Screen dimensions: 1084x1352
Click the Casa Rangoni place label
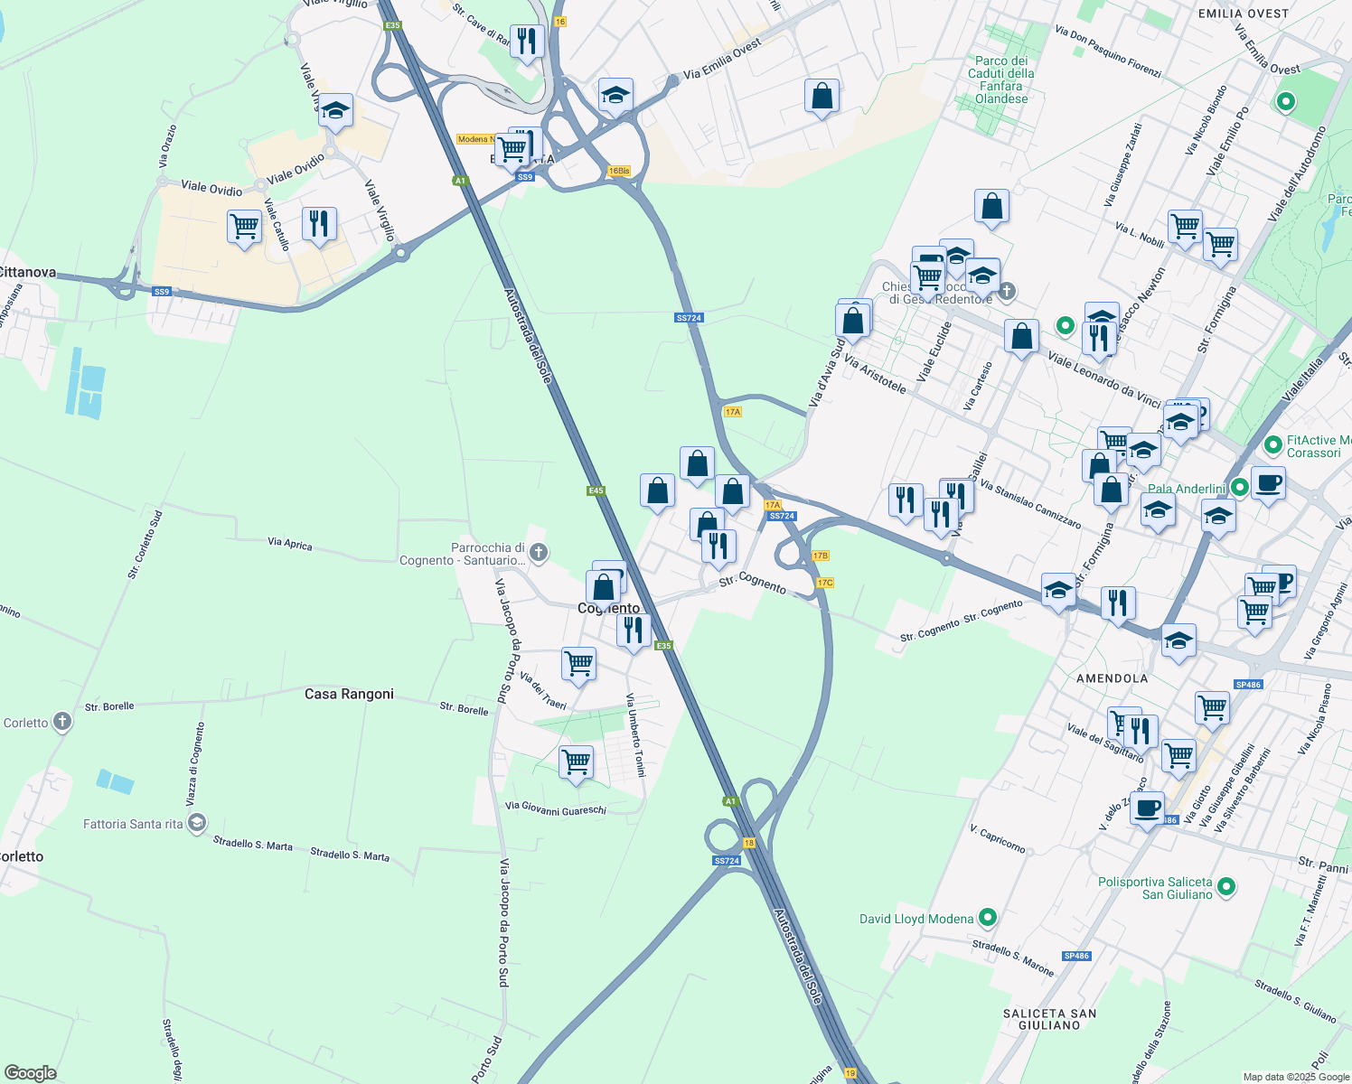[x=349, y=695]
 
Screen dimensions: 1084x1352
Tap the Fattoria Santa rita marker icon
[x=197, y=823]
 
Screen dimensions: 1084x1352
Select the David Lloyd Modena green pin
[x=988, y=919]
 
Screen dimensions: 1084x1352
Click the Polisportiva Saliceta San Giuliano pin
[x=1226, y=887]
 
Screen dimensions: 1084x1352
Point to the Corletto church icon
[x=62, y=722]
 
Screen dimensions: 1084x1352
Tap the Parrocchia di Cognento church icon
[x=539, y=553]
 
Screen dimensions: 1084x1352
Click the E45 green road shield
[x=595, y=491]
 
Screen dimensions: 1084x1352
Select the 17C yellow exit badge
[x=825, y=583]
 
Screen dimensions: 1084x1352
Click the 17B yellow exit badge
[x=820, y=556]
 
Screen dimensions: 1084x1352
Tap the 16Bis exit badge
[x=619, y=171]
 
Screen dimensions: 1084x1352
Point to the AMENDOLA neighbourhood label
[x=1113, y=678]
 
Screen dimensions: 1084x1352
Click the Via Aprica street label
[x=290, y=544]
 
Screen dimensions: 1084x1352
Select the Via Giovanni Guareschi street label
[x=555, y=808]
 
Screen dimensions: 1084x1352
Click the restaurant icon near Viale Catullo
[x=319, y=222]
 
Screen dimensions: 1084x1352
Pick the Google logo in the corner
[x=30, y=1073]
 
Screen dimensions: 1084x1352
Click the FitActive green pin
[x=1273, y=444]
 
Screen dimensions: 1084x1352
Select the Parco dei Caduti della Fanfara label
[x=1001, y=79]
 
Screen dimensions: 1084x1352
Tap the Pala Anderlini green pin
[x=1240, y=488]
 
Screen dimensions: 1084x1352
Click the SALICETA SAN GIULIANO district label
[x=1049, y=1019]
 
